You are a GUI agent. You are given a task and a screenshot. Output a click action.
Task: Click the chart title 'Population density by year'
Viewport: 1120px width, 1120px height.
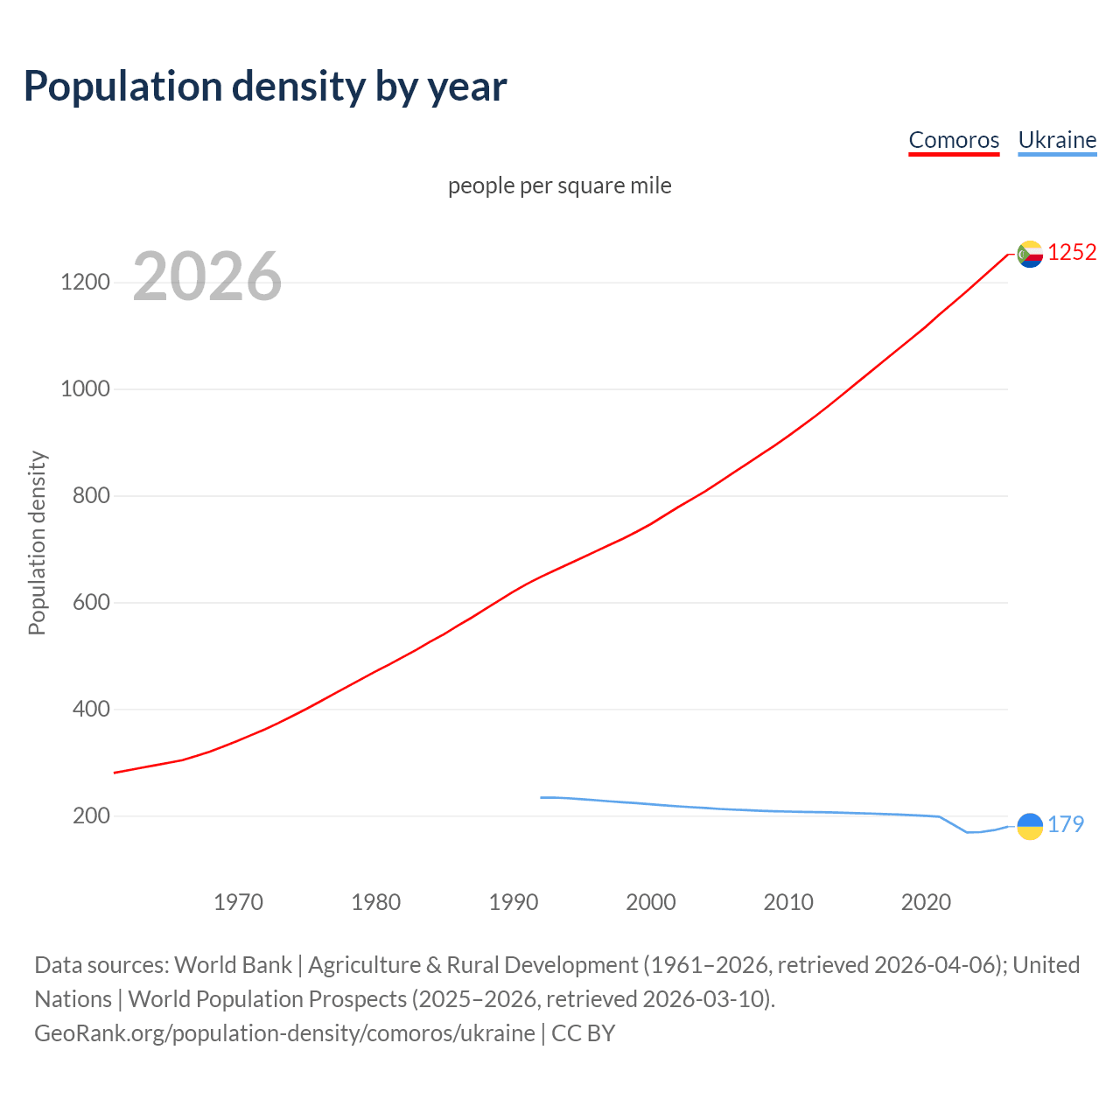[265, 87]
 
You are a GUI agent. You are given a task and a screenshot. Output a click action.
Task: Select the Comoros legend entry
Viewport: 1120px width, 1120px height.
[954, 140]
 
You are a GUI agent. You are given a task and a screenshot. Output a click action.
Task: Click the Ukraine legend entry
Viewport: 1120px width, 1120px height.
[1057, 140]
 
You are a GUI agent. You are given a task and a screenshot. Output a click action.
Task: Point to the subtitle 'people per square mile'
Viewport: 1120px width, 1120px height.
[559, 185]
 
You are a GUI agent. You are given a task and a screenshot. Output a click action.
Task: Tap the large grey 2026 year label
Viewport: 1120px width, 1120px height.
[207, 276]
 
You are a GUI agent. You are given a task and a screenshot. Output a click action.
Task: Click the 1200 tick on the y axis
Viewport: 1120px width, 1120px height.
[85, 282]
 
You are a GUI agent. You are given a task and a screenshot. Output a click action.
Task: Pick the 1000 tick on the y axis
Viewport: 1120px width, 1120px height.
[85, 388]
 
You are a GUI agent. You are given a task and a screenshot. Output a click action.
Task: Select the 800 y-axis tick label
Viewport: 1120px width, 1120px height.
[91, 495]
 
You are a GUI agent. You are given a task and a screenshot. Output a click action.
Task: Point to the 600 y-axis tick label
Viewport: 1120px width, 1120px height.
[91, 602]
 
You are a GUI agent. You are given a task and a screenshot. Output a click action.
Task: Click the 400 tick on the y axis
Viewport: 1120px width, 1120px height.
[91, 709]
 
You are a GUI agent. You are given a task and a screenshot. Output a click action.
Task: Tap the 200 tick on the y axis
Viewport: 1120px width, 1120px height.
[91, 815]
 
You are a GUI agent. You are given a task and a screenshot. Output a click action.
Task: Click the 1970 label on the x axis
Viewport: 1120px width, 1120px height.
[238, 901]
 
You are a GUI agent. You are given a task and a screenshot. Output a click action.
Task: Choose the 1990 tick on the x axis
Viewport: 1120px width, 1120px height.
[514, 901]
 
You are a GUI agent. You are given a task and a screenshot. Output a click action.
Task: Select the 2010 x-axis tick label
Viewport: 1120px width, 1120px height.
[788, 901]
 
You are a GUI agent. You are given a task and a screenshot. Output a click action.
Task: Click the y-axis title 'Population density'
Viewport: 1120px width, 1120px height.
[37, 542]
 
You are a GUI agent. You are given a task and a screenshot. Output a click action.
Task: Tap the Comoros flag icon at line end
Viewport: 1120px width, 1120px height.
[1030, 254]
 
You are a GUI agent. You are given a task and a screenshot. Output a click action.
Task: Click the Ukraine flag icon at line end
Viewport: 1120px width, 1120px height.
[1030, 826]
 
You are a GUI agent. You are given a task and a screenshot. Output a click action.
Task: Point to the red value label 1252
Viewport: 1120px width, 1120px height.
[1072, 252]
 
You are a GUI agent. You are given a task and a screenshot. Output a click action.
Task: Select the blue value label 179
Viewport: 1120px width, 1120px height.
[1066, 824]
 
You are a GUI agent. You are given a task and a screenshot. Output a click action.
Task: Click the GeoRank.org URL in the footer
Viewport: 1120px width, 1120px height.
[284, 1032]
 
